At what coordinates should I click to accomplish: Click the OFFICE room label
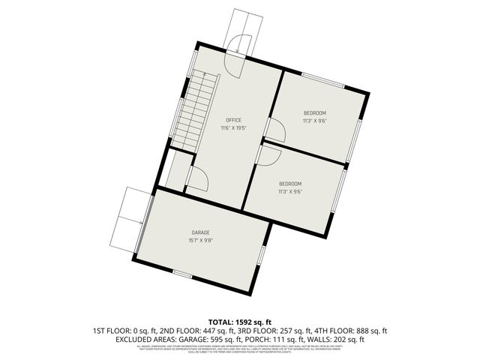[x=234, y=120]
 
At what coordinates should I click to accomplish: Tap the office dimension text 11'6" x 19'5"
[x=234, y=128]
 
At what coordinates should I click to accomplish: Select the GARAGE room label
[x=200, y=232]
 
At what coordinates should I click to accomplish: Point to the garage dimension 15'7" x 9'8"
[x=200, y=241]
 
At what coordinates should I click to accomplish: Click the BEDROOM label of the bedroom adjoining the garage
[x=290, y=184]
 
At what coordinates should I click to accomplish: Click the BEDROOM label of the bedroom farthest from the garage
[x=315, y=112]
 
